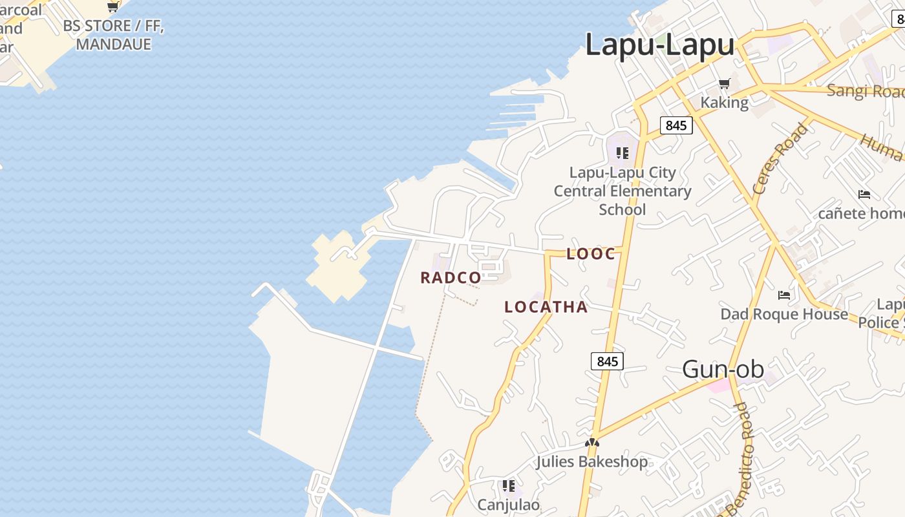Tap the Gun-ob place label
pyautogui.click(x=723, y=369)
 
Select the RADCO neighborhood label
pyautogui.click(x=451, y=278)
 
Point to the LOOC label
pyautogui.click(x=591, y=254)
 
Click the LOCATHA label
pyautogui.click(x=546, y=307)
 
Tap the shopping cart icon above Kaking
pyautogui.click(x=725, y=84)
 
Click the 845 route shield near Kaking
pyautogui.click(x=676, y=125)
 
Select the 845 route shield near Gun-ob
pyautogui.click(x=607, y=361)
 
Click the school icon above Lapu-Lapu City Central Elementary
pyautogui.click(x=622, y=153)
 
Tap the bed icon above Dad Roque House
pyautogui.click(x=784, y=295)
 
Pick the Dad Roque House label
pyautogui.click(x=784, y=314)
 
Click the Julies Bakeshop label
pyautogui.click(x=591, y=461)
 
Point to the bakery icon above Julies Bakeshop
pyautogui.click(x=591, y=443)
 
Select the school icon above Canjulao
pyautogui.click(x=508, y=485)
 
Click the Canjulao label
pyautogui.click(x=508, y=504)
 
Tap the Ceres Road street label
pyautogui.click(x=780, y=158)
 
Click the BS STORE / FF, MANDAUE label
pyautogui.click(x=114, y=36)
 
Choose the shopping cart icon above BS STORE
pyautogui.click(x=113, y=7)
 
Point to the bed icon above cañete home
pyautogui.click(x=864, y=194)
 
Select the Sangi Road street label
pyautogui.click(x=866, y=90)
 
